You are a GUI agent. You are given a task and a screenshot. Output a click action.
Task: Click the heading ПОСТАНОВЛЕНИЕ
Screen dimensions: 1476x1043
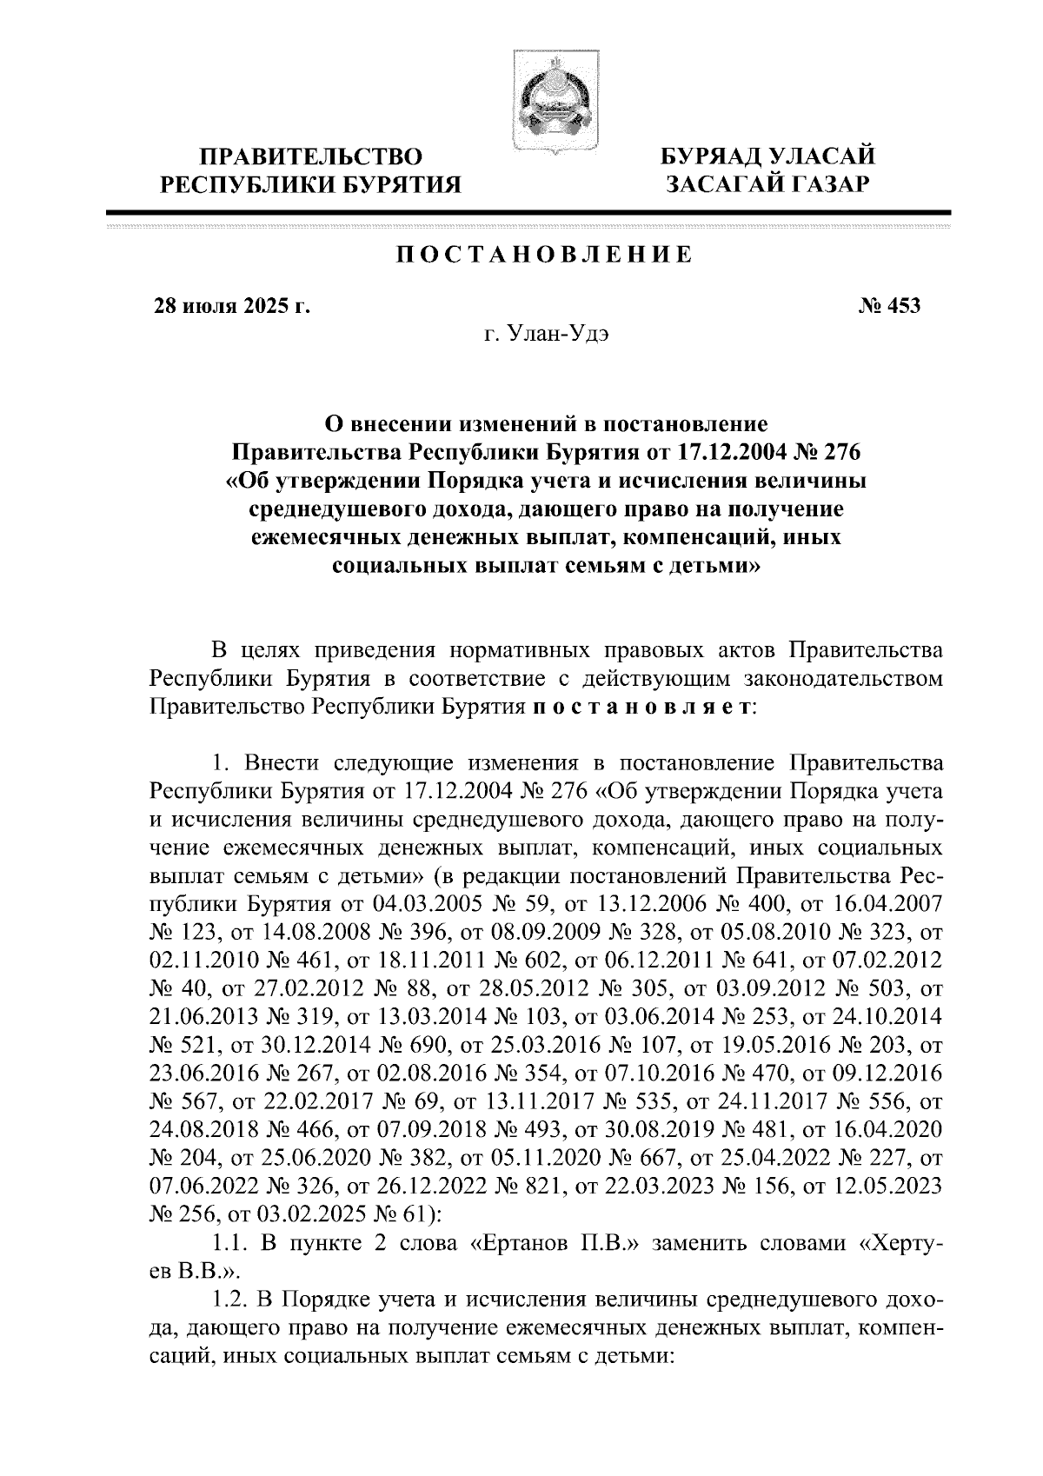544,256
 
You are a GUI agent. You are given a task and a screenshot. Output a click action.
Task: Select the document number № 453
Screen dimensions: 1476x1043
889,306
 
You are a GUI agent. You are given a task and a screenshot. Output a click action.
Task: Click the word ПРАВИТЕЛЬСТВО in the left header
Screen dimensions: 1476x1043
311,158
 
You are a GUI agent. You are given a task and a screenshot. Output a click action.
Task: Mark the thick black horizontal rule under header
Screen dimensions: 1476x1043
528,212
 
